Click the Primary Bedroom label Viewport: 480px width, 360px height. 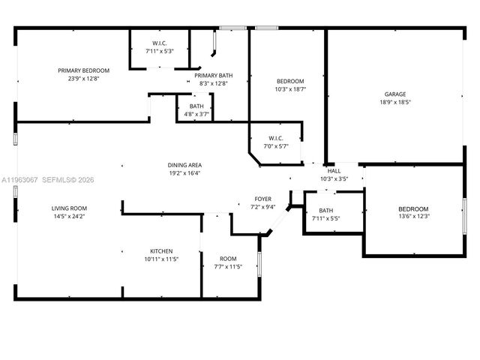click(84, 70)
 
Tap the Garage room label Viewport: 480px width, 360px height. click(395, 94)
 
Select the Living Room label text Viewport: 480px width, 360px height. click(69, 208)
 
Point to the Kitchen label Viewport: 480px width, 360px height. click(161, 250)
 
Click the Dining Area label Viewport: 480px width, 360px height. click(184, 165)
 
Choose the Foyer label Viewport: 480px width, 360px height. click(262, 199)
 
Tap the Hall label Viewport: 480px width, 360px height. click(334, 170)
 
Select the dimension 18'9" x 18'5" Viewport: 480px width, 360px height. click(395, 102)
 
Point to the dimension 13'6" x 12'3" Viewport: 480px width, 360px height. click(413, 217)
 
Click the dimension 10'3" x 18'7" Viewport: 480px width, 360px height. click(290, 89)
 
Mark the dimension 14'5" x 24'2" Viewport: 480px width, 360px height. click(69, 216)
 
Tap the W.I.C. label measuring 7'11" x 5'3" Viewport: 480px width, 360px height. click(159, 42)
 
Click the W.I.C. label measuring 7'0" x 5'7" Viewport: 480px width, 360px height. click(274, 138)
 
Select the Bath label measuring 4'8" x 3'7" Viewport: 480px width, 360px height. click(196, 106)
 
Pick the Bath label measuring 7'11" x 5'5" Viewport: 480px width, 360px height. click(325, 210)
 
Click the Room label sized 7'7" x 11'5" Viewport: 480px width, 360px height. click(228, 258)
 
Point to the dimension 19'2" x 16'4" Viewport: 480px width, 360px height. click(184, 173)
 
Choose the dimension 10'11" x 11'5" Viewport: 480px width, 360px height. click(161, 259)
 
